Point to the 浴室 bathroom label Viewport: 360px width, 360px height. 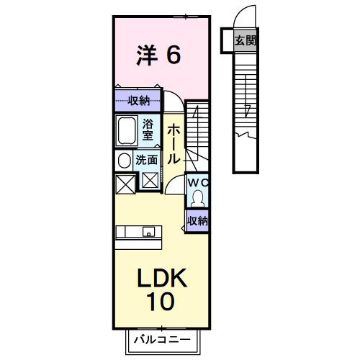pyautogui.click(x=147, y=129)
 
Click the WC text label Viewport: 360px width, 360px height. pyautogui.click(x=197, y=183)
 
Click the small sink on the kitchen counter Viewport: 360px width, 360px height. pyautogui.click(x=148, y=231)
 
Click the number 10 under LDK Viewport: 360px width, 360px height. pyautogui.click(x=161, y=302)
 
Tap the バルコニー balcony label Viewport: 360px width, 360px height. pyautogui.click(x=161, y=338)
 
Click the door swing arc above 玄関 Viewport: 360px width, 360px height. pyautogui.click(x=245, y=14)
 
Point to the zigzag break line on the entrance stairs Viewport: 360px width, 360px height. pyautogui.click(x=246, y=134)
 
